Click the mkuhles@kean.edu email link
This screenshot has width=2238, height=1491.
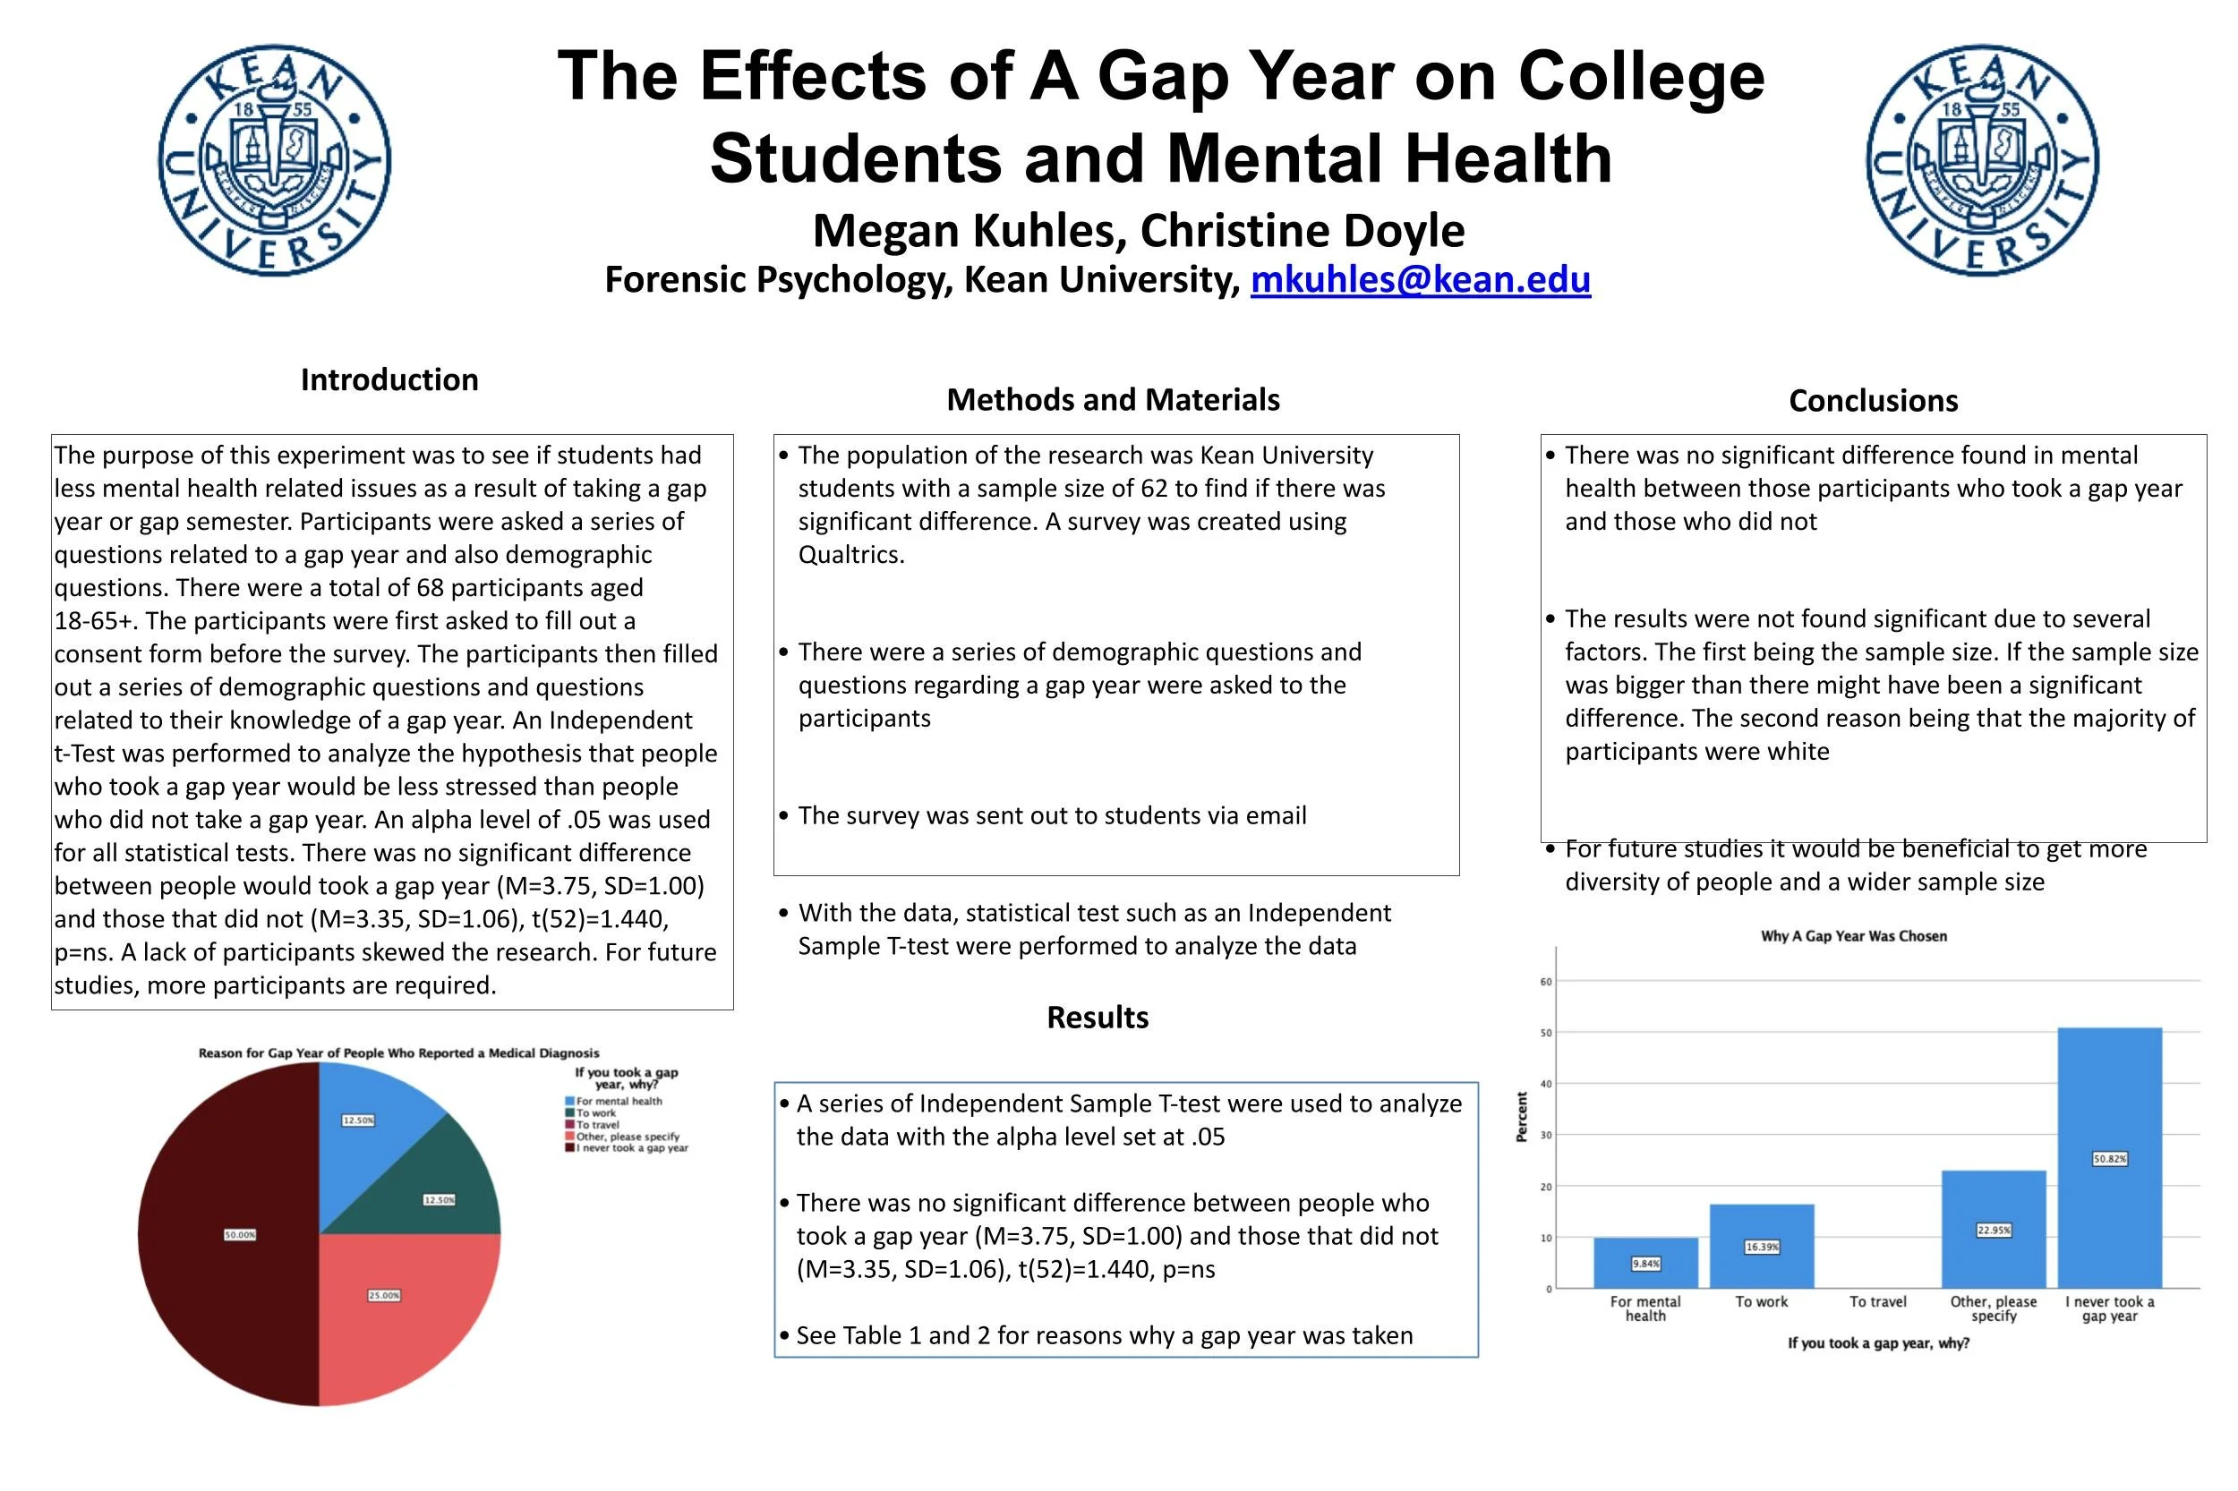pos(1419,279)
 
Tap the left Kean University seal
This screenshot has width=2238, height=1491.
pos(274,159)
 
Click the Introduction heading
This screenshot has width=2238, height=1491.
pos(389,379)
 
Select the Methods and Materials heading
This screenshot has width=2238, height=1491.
pos(1113,399)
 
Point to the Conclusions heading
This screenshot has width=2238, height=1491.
pos(1873,400)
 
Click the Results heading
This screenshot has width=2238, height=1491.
pos(1097,1018)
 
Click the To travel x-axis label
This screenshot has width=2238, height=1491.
pos(1877,1302)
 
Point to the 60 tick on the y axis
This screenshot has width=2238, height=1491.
pos(1547,983)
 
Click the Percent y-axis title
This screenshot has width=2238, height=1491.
pos(1522,1117)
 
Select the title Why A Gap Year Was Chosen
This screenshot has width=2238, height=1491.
pos(1853,937)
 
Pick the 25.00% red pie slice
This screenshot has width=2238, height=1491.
pos(399,1312)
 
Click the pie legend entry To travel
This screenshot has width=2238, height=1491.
pos(597,1125)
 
